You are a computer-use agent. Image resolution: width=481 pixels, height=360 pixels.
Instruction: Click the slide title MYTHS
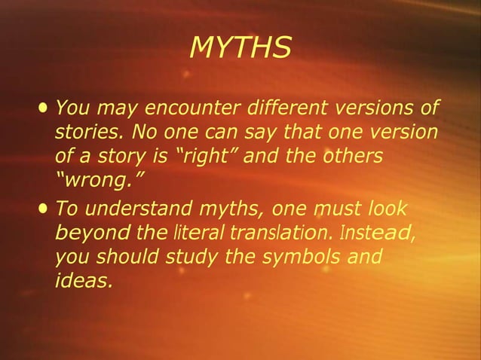(x=240, y=48)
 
